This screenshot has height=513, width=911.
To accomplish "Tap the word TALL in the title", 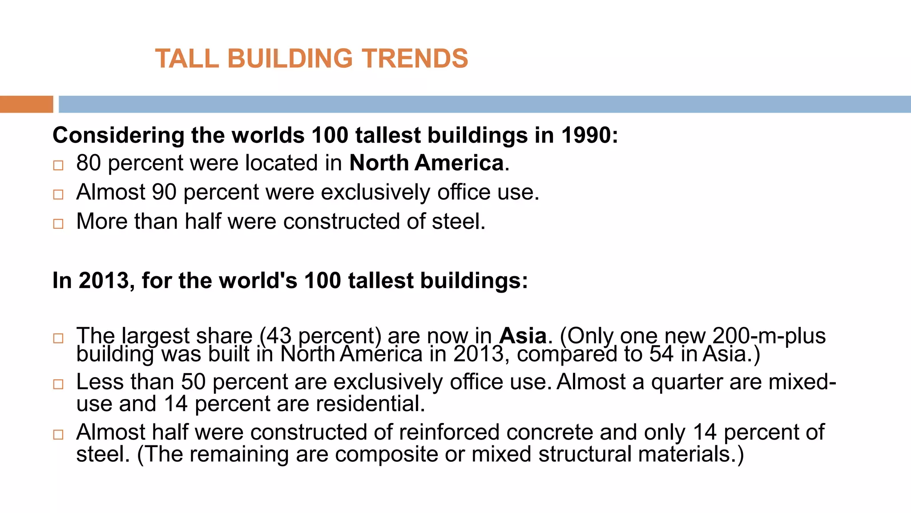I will click(x=187, y=58).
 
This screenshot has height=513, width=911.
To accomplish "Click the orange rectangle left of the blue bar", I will click(x=26, y=104).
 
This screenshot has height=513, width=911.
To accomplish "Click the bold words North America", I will click(x=427, y=163).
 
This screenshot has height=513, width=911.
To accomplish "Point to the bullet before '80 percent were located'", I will click(x=58, y=166).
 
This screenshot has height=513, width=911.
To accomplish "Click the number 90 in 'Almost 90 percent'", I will click(x=164, y=192).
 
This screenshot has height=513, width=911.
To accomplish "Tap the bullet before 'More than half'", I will click(x=58, y=224).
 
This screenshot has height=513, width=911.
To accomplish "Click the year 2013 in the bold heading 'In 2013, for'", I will click(x=104, y=281).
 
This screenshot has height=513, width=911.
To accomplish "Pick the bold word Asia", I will click(x=523, y=336).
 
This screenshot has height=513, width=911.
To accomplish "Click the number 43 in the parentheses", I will click(x=279, y=336).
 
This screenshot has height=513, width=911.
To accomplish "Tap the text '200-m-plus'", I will click(x=769, y=336).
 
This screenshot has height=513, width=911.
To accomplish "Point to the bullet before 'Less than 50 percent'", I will click(x=58, y=384).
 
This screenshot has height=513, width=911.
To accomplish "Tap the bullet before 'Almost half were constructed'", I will click(x=58, y=435).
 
